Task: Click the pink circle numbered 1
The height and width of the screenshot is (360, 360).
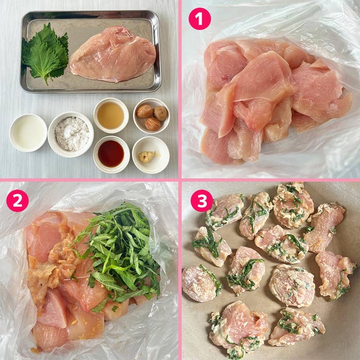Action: (200, 19)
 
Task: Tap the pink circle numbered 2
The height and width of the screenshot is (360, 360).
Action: (17, 201)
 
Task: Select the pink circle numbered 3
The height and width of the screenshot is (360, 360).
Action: (202, 201)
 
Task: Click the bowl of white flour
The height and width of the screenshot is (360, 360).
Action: (71, 134)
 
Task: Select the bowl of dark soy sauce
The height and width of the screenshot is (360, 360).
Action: (111, 154)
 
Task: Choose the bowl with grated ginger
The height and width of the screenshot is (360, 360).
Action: (151, 155)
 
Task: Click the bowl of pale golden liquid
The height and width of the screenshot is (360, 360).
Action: (111, 115)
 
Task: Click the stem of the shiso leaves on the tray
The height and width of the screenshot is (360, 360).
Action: (46, 81)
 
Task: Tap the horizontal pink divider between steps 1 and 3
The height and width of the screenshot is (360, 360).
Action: (270, 179)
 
